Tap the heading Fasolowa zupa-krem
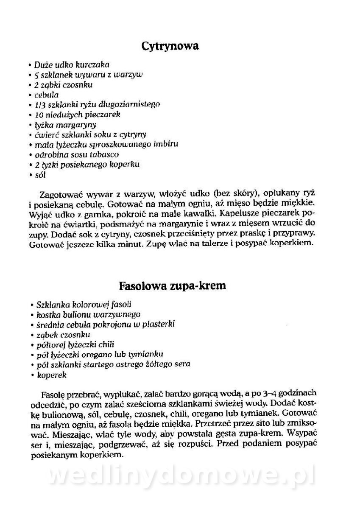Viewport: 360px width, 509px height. click(x=173, y=285)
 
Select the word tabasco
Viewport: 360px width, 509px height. click(x=104, y=154)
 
